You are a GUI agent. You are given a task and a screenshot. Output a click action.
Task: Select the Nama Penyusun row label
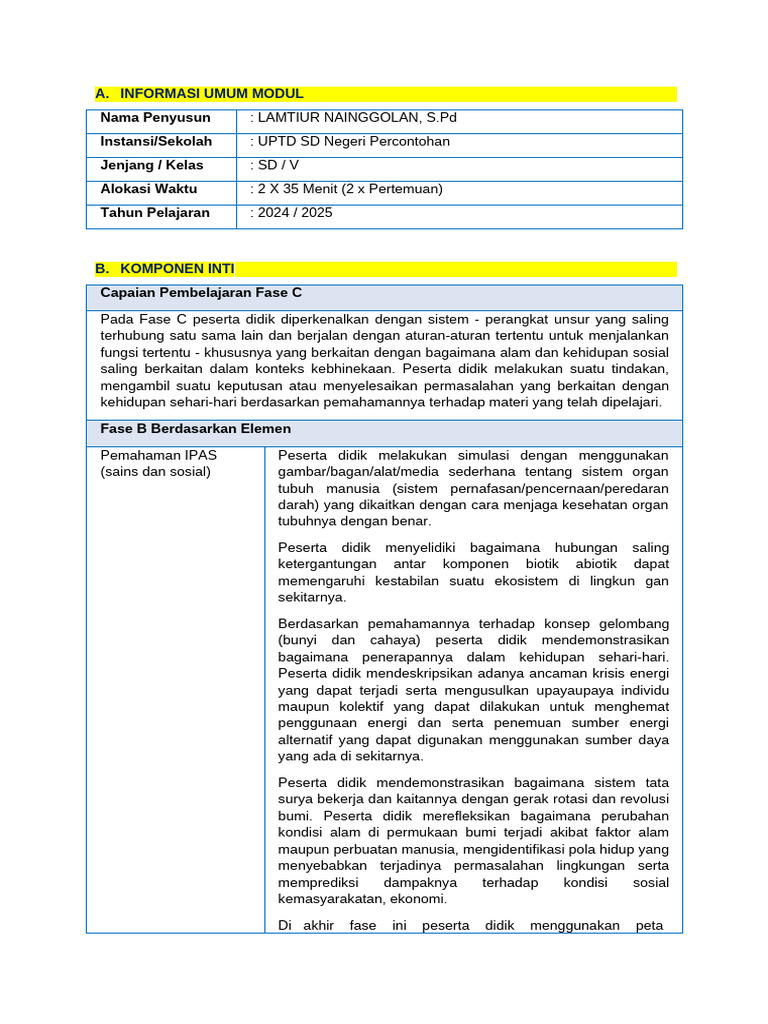155,118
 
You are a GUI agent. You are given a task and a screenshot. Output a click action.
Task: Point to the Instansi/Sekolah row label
156,142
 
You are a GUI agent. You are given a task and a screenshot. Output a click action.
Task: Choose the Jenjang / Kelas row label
151,165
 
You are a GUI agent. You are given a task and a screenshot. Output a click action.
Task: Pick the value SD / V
275,165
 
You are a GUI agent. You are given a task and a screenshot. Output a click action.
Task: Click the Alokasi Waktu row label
149,189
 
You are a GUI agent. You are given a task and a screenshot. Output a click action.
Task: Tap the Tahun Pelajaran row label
155,213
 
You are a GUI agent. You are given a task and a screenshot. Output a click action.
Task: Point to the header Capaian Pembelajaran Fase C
201,293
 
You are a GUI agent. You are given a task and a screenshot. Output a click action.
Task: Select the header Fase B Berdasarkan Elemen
196,429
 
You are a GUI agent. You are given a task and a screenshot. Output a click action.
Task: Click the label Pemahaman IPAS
158,455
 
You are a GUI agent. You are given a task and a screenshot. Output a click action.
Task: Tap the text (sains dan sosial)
155,472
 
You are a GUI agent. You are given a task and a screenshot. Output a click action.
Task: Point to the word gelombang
629,623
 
